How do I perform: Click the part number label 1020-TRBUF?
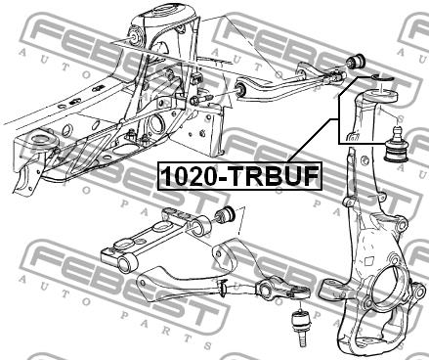pyautogui.click(x=239, y=176)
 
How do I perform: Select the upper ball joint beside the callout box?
pyautogui.click(x=396, y=145)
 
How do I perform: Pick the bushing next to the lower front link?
pyautogui.click(x=226, y=215)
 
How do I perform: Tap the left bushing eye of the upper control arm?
pyautogui.click(x=241, y=88)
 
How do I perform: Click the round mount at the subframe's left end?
pyautogui.click(x=43, y=140)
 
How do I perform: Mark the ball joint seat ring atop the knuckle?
pyautogui.click(x=381, y=98)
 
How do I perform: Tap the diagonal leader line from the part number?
pyautogui.click(x=313, y=140)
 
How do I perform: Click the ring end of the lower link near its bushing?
pyautogui.click(x=199, y=227)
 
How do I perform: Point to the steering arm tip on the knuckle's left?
pyautogui.click(x=326, y=288)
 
